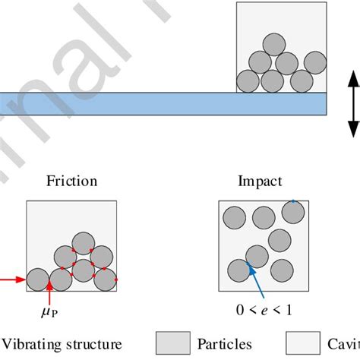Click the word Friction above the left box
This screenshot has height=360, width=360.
coord(71,181)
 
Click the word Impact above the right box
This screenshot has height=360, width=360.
coord(260,181)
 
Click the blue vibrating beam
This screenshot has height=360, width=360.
coord(152,103)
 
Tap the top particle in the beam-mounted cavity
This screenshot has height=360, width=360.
coord(273,43)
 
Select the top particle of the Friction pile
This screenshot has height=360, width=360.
coord(83,235)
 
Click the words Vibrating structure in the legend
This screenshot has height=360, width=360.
coord(72,343)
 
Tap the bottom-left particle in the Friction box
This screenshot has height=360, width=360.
coord(37,279)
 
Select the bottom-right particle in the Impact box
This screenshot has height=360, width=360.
coord(282,270)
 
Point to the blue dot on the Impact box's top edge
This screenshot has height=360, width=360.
coord(292,202)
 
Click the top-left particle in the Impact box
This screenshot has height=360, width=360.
coord(233,219)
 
